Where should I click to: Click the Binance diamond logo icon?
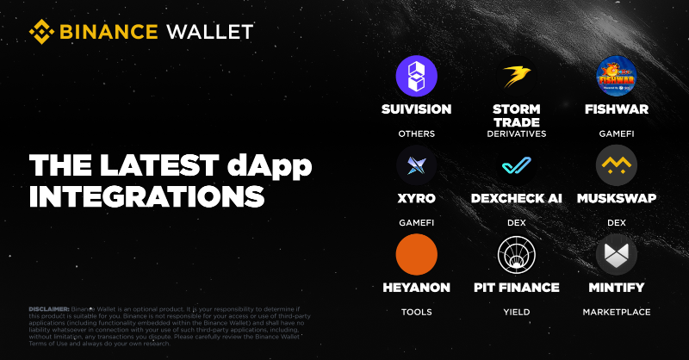pos(42,32)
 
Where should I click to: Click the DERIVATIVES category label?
pos(517,134)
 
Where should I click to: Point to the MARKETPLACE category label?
pos(617,312)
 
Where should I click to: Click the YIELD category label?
pos(517,312)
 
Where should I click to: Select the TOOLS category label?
pos(417,312)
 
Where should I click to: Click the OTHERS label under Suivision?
pos(417,134)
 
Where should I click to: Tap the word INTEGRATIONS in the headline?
pos(146,196)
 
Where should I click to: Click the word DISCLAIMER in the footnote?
pos(49,308)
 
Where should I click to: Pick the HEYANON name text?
pos(417,287)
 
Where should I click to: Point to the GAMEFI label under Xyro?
pos(417,223)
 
